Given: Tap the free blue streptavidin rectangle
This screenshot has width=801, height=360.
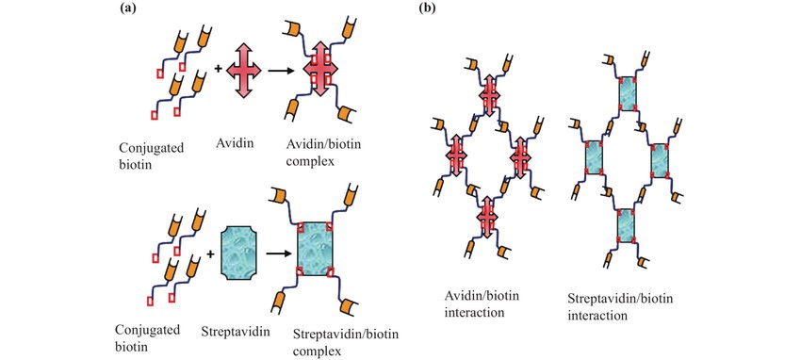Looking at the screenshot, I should [x=246, y=252].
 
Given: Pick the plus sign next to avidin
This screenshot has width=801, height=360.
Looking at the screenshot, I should [x=219, y=68].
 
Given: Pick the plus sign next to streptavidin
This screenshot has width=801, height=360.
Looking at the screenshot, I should [x=211, y=253].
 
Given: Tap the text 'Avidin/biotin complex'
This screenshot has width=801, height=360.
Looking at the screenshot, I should [x=321, y=155].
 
